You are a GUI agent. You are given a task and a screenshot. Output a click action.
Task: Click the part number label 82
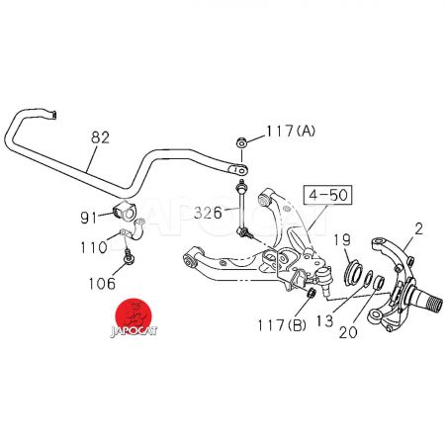point(100,137)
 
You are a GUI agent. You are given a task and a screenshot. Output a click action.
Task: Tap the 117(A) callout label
point(291,131)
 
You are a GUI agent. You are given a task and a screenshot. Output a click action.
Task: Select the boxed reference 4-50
point(328,195)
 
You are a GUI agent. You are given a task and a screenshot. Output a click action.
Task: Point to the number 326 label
point(208,213)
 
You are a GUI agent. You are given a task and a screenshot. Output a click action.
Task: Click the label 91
point(89,218)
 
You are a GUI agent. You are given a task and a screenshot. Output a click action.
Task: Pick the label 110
point(94,247)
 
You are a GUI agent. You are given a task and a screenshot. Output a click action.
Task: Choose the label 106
point(102,283)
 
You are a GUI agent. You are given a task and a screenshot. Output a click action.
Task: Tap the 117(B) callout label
point(282,325)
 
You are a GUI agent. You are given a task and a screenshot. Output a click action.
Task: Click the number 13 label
point(325,320)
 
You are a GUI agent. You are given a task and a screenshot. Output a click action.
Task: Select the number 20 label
point(348,332)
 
